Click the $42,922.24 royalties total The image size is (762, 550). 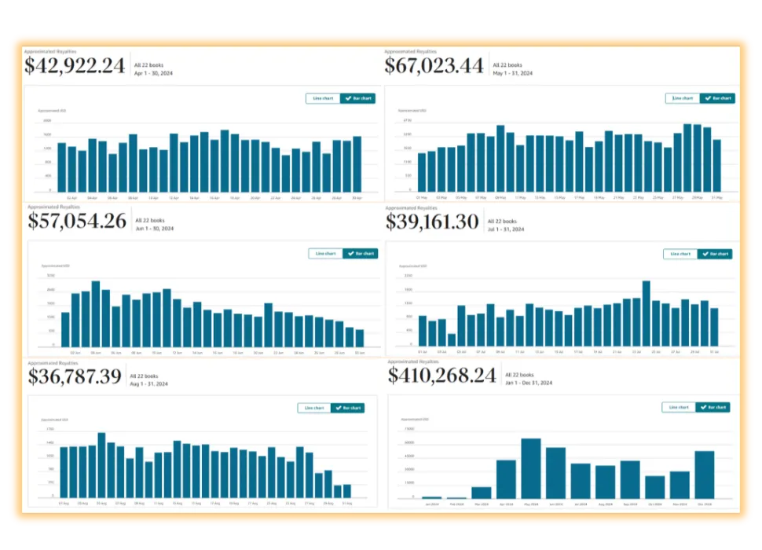(x=75, y=66)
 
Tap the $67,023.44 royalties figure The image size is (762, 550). (x=434, y=66)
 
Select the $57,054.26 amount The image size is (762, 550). (x=77, y=222)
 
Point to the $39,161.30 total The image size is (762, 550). (x=432, y=222)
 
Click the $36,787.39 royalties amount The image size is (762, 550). (x=75, y=376)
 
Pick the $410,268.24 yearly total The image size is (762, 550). (x=441, y=376)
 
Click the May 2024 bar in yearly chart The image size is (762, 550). (x=531, y=468)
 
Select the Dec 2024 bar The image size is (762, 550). (x=705, y=475)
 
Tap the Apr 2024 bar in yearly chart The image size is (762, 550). (x=506, y=478)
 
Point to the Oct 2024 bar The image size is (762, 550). (x=655, y=487)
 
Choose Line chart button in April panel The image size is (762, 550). (x=323, y=98)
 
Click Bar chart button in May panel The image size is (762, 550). (x=718, y=98)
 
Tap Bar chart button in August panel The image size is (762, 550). (x=347, y=408)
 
